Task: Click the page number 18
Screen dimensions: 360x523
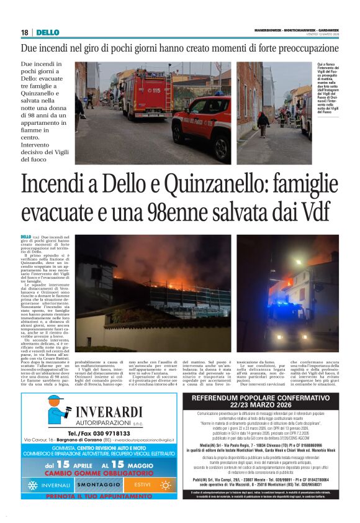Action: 24,32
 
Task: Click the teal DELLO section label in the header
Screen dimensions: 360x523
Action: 47,32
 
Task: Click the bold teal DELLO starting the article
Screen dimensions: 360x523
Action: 25,237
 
